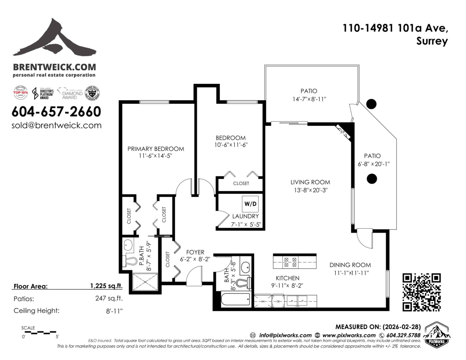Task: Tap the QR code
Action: [421, 292]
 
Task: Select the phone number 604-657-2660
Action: [57, 111]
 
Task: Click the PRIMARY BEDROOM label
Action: [156, 149]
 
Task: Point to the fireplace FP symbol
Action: [344, 132]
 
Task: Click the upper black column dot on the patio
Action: [372, 104]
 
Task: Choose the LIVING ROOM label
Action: [310, 182]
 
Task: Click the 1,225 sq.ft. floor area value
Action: [106, 287]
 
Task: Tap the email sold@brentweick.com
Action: [57, 125]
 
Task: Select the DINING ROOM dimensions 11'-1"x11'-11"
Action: [350, 273]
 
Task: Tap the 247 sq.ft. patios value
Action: [110, 299]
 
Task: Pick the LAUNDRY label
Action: [245, 216]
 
